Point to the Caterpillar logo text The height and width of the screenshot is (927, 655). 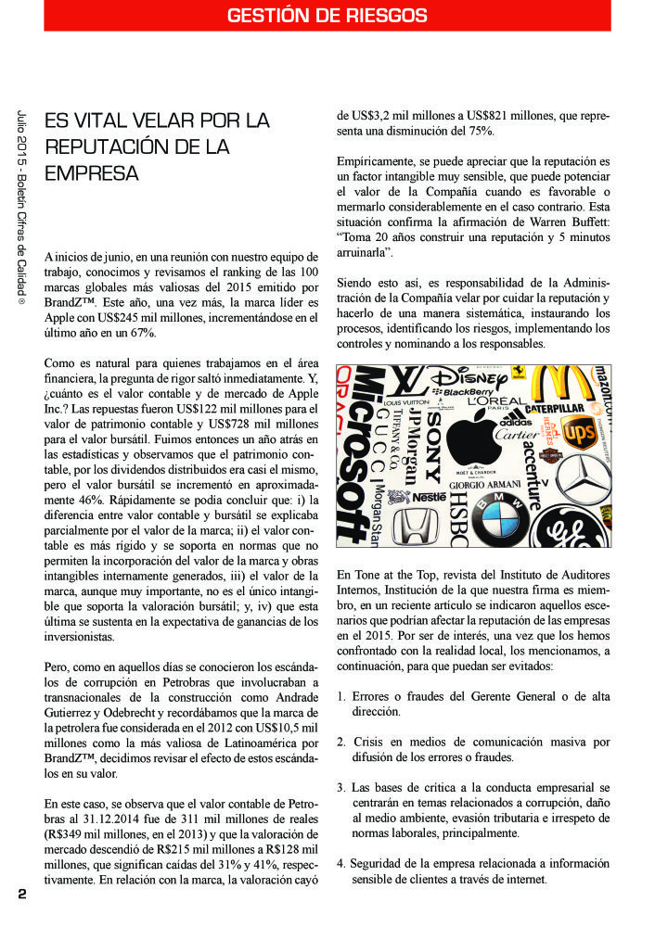555,407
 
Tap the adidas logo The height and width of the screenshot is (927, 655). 515,419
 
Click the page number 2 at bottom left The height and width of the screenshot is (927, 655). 21,894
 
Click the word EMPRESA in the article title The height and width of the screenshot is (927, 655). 92,173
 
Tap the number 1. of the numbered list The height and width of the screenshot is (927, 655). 341,695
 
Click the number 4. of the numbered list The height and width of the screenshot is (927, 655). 341,863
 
